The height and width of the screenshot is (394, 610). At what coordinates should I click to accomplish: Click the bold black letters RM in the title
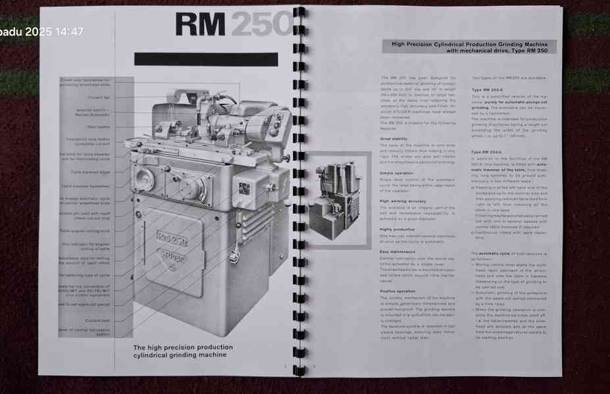tap(200, 25)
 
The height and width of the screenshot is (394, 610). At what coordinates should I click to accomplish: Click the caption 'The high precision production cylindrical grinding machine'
tap(182, 351)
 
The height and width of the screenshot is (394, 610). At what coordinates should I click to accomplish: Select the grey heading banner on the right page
tap(469, 47)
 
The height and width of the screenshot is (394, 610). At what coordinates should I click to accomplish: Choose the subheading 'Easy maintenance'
tap(397, 251)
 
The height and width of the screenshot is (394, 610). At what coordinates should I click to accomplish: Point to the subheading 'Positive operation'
tap(397, 291)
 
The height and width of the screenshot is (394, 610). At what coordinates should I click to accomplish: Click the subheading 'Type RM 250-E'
tap(487, 89)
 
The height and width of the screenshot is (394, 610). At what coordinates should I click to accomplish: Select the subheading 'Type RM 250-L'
tap(487, 152)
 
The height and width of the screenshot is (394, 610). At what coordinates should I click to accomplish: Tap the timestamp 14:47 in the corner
tap(70, 32)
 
